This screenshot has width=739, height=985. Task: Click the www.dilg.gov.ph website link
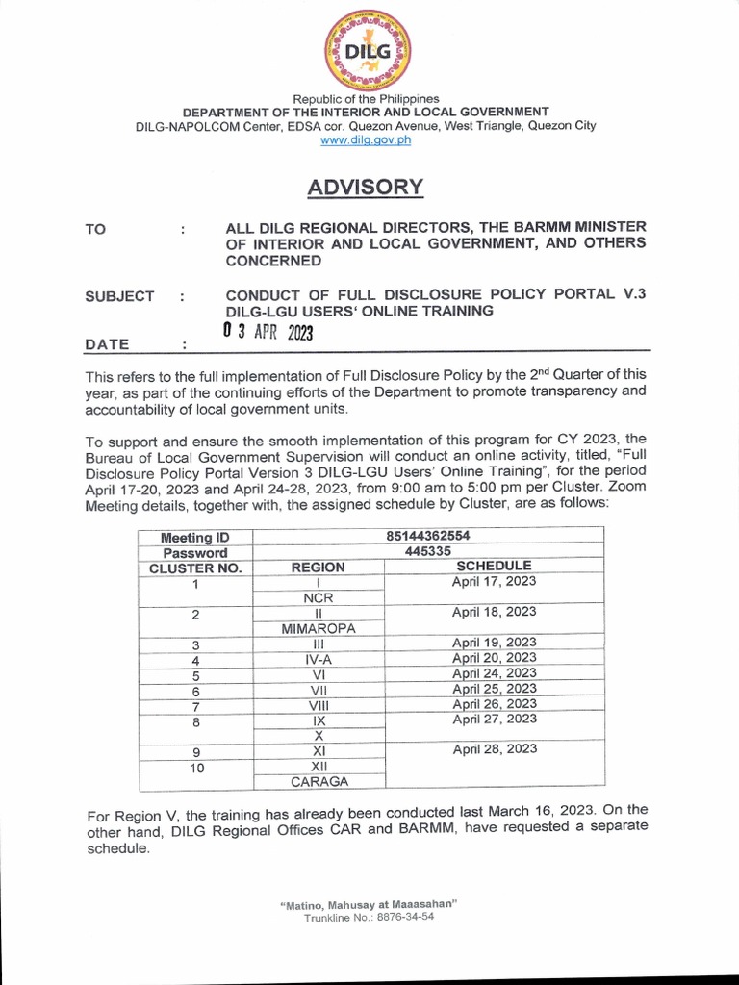(367, 139)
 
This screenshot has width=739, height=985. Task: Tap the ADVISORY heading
(366, 187)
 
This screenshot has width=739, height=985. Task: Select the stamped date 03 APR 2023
(268, 332)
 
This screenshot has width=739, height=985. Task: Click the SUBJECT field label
(119, 296)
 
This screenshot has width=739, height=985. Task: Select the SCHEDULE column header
(494, 567)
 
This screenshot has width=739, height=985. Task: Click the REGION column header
(318, 568)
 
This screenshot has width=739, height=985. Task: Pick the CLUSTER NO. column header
(195, 568)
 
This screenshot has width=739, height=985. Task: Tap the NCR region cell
(318, 597)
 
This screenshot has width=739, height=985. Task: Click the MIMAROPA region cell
(318, 628)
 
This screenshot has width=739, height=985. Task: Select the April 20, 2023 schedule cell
(494, 658)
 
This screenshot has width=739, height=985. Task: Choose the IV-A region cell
(318, 659)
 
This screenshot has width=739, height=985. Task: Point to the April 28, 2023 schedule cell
(494, 749)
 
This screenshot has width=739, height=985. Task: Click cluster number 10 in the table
(195, 768)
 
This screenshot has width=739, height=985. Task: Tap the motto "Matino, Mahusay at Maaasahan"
(369, 904)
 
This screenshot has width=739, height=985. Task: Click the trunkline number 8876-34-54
(395, 918)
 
